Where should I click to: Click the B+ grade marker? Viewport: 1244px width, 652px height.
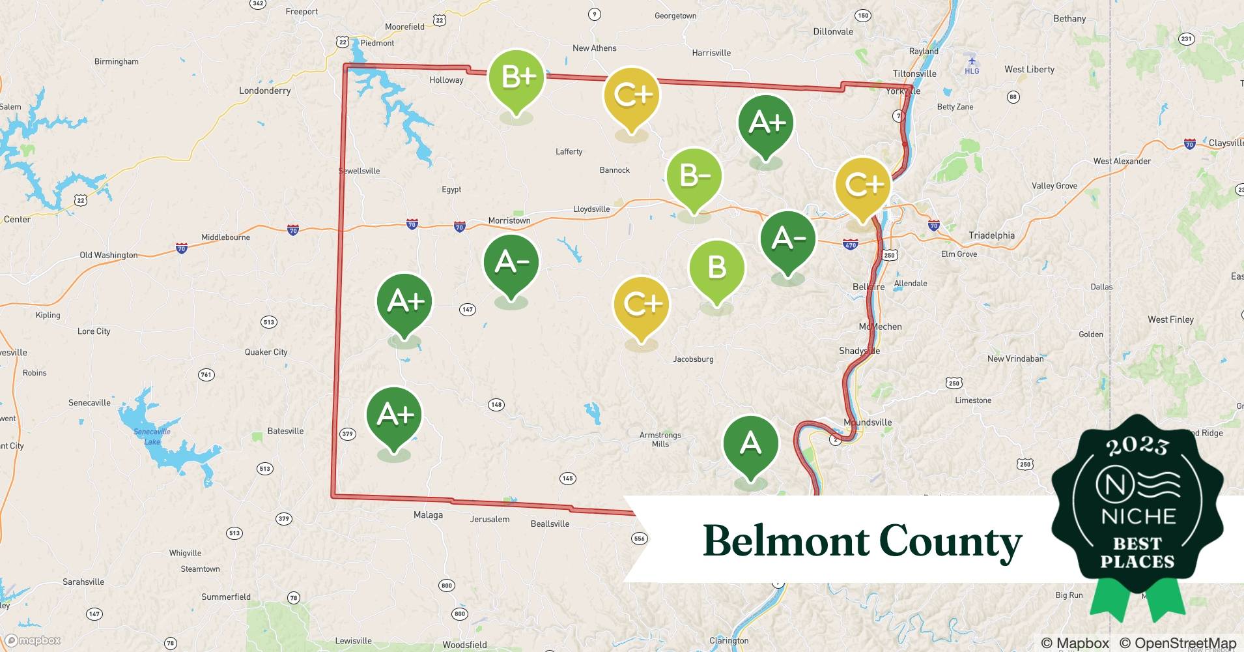pos(516,78)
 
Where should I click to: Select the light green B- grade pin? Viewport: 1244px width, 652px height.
pos(694,176)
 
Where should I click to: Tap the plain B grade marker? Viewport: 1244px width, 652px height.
pos(716,267)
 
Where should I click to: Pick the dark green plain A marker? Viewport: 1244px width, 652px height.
pos(750,443)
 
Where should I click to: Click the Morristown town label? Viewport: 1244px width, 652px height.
pos(509,220)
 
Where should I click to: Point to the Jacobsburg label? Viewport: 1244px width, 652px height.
pos(693,359)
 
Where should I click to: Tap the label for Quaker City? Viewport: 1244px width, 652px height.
pos(266,352)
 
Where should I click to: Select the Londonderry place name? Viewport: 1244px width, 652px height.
pos(264,91)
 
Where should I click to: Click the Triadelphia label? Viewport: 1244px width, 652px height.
pos(991,235)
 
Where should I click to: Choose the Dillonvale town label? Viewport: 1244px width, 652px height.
pos(833,31)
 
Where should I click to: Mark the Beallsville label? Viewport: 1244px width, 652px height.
pos(550,524)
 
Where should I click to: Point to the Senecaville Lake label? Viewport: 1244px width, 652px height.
pos(152,436)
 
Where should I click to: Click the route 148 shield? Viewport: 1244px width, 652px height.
pos(496,405)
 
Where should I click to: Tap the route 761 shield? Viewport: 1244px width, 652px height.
pos(206,374)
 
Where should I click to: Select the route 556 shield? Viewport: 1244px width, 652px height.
pos(640,539)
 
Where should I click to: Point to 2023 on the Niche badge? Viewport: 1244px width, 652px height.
pos(1137,445)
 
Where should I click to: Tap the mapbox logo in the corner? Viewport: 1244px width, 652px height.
pos(33,640)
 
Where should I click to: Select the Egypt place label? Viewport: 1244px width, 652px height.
pos(451,190)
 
